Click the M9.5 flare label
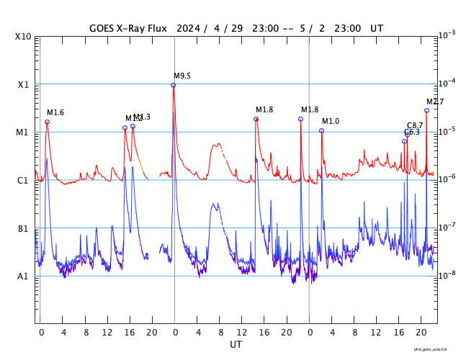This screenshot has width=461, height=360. coord(182,76)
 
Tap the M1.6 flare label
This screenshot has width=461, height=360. coord(55,113)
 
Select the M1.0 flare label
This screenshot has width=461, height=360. coord(331,122)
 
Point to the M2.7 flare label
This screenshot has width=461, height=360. coord(435,102)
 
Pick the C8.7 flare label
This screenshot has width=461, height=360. coord(415,126)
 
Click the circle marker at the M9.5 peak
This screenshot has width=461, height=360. coord(173,86)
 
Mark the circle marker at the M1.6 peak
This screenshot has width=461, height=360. coord(47,122)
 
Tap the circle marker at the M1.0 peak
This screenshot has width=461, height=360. coord(321,130)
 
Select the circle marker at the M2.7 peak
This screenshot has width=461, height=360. coord(426,110)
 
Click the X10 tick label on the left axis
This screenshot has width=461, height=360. coord(23,37)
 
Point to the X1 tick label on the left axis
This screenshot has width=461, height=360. coord(23,85)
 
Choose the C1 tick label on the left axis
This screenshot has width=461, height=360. coord(23,181)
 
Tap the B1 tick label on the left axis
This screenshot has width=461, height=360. coord(23,229)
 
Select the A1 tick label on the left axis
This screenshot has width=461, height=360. coord(23,276)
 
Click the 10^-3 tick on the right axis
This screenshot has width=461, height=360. coord(447,35)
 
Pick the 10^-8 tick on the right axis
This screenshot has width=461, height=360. coord(447,275)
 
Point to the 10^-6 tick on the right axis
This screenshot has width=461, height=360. coord(447,179)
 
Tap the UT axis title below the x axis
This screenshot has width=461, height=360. coord(236,345)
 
